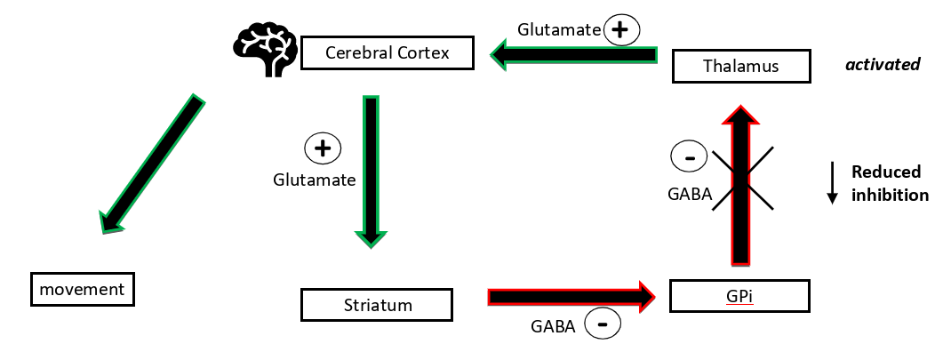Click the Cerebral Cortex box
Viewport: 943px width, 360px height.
(387, 53)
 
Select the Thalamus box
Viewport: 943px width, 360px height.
(740, 66)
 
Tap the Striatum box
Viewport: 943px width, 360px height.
(378, 305)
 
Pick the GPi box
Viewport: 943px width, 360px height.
(740, 295)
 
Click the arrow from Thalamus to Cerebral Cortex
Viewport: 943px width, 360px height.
(573, 56)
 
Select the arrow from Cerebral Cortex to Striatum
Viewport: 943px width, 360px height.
(371, 169)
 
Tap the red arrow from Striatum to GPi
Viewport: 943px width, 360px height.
(569, 295)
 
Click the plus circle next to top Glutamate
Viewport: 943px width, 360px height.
(621, 30)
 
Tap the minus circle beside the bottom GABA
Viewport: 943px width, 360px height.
(603, 325)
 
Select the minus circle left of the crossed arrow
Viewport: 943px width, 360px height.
(688, 158)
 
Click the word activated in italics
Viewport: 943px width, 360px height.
(882, 65)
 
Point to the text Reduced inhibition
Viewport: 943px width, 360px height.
(890, 184)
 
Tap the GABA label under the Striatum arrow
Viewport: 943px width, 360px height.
(552, 325)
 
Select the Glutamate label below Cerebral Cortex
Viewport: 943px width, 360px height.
(314, 180)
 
